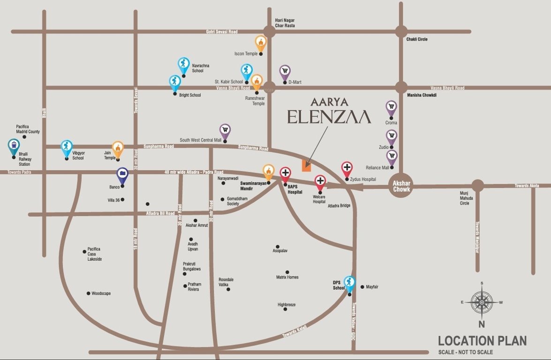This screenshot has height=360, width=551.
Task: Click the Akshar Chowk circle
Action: (x=401, y=187)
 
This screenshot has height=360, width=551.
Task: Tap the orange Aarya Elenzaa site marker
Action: (x=306, y=165)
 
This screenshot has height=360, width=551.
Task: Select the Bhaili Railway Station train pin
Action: (x=14, y=147)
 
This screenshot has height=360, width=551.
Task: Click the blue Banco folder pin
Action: (x=122, y=174)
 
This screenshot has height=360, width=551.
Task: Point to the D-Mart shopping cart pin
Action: (x=285, y=72)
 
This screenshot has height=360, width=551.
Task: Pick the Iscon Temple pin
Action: (x=261, y=43)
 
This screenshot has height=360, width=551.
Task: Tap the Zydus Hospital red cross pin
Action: (x=347, y=168)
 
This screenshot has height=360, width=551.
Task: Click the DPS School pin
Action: (x=349, y=283)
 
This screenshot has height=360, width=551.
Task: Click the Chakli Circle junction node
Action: (x=401, y=31)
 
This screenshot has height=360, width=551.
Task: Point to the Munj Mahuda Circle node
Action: (x=477, y=186)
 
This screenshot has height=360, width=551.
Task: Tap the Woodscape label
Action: (x=101, y=293)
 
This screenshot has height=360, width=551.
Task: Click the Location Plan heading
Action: (x=482, y=341)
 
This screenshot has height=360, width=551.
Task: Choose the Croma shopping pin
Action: (x=391, y=108)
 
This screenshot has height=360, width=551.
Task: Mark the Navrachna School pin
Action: (x=183, y=65)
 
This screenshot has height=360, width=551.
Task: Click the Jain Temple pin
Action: (x=118, y=148)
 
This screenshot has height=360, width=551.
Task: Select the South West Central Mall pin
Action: (x=225, y=131)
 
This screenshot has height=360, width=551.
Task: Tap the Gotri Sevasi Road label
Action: (x=222, y=31)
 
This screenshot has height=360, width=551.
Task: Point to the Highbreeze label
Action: (x=287, y=305)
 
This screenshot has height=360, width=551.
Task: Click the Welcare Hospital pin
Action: (x=320, y=182)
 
